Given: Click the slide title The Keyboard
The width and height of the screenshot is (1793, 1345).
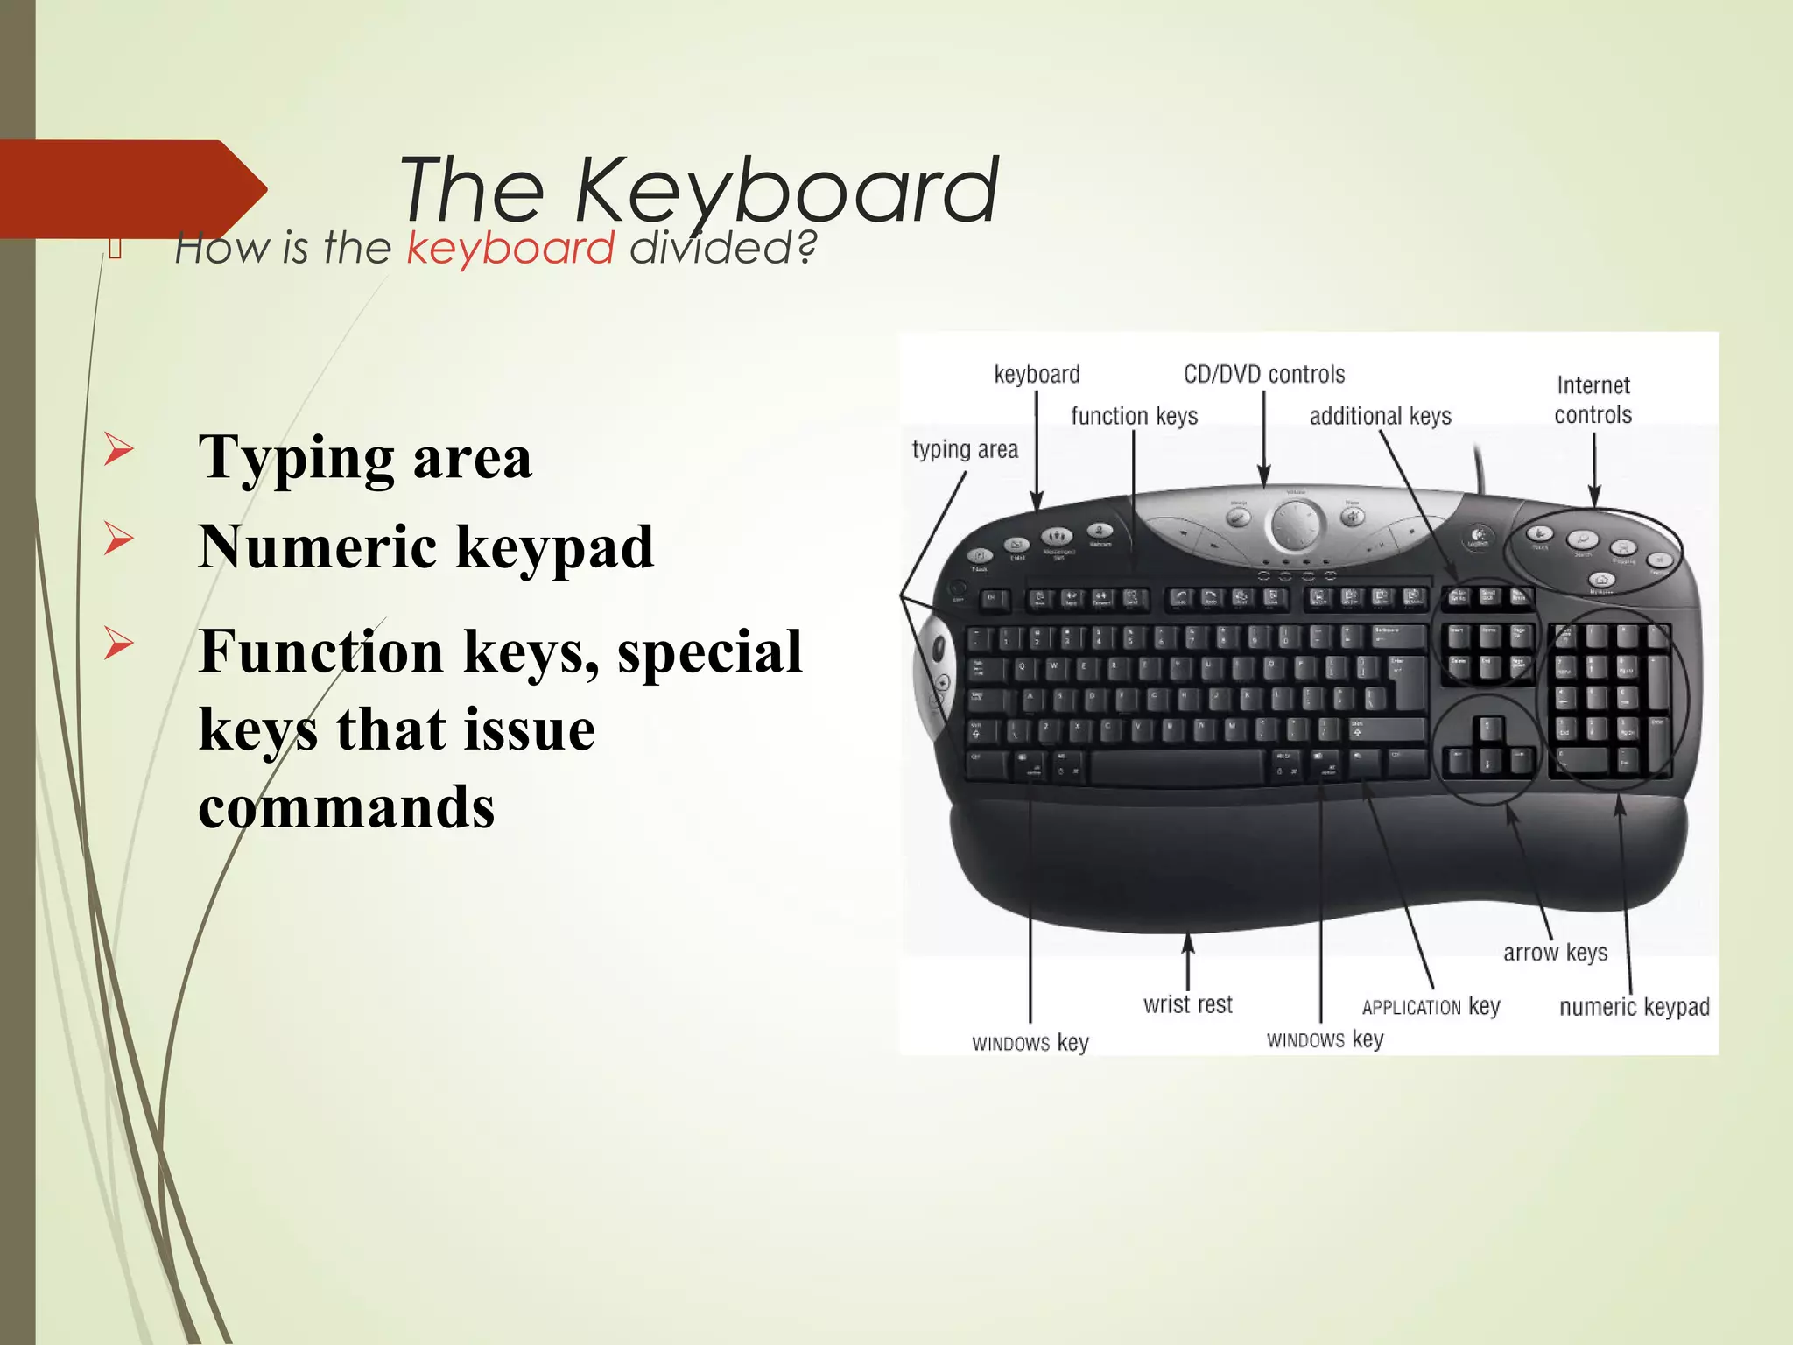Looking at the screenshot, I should click(x=698, y=190).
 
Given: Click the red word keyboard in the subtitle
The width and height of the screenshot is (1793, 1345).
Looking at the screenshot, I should click(x=510, y=249).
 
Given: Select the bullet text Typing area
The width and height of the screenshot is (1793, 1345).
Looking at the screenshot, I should click(x=365, y=457).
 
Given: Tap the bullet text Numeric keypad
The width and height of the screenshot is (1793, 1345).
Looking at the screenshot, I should click(x=425, y=546).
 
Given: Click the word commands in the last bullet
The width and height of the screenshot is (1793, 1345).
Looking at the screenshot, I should click(x=347, y=806).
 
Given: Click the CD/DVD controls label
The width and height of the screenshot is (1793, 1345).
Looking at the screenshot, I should click(x=1263, y=375).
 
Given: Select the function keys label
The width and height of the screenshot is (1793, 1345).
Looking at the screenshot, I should click(x=1134, y=416).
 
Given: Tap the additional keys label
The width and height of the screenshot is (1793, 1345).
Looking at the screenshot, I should click(x=1380, y=416).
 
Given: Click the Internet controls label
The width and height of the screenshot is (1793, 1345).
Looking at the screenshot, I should click(x=1593, y=399).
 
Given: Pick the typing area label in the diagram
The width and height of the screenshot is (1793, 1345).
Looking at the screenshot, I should click(x=965, y=450).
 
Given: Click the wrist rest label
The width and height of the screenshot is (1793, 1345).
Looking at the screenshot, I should click(x=1187, y=1004).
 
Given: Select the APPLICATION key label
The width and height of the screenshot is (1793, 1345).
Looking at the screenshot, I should click(x=1431, y=1007).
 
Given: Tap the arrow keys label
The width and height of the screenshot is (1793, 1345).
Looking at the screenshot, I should click(x=1555, y=953).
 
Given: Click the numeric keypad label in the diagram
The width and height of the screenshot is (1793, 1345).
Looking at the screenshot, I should click(x=1634, y=1007).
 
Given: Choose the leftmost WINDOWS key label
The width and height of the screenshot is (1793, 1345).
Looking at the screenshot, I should click(x=1030, y=1043).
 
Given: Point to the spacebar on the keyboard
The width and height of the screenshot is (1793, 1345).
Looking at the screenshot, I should click(x=1176, y=768).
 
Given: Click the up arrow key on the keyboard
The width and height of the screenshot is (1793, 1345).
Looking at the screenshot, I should click(x=1487, y=729).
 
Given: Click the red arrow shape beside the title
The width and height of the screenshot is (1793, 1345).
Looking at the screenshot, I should click(x=131, y=188).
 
